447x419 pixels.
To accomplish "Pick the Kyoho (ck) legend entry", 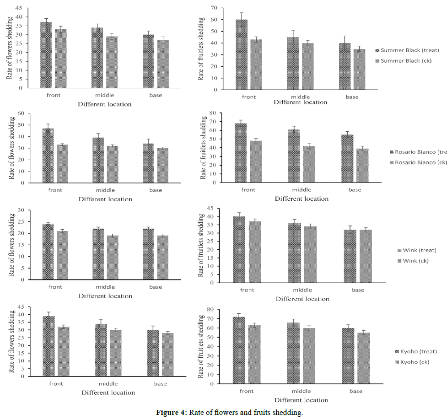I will (x=416, y=362).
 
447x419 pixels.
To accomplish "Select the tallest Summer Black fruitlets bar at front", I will (x=242, y=54).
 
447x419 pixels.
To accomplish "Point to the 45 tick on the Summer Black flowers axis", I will (x=18, y=8).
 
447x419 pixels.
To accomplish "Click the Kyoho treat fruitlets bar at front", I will (x=239, y=350).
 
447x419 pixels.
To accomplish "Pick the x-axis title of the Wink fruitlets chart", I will (x=302, y=299).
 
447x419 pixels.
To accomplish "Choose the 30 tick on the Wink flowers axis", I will (x=21, y=210).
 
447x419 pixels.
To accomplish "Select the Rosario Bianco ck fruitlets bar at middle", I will (x=309, y=164).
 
